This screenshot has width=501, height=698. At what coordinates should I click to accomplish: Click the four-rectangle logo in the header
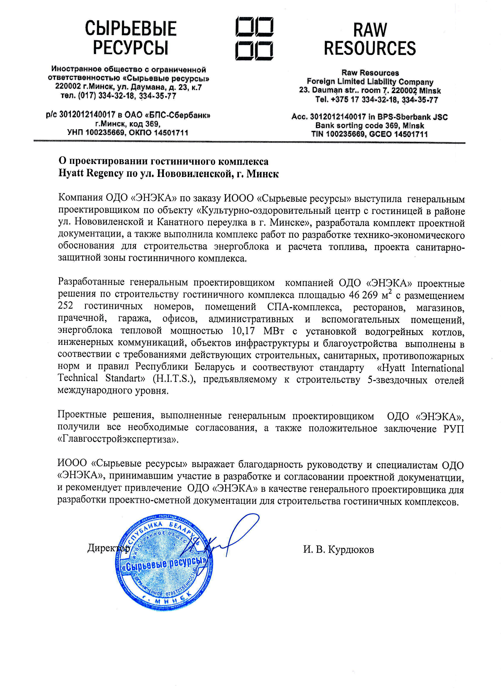pyautogui.click(x=254, y=38)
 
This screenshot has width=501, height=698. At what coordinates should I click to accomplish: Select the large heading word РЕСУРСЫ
pyautogui.click(x=131, y=48)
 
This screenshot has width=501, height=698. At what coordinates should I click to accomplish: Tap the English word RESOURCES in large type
pyautogui.click(x=370, y=48)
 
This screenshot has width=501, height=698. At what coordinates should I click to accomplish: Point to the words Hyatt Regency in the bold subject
pyautogui.click(x=91, y=174)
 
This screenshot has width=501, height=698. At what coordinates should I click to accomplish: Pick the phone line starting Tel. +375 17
pyautogui.click(x=376, y=100)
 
